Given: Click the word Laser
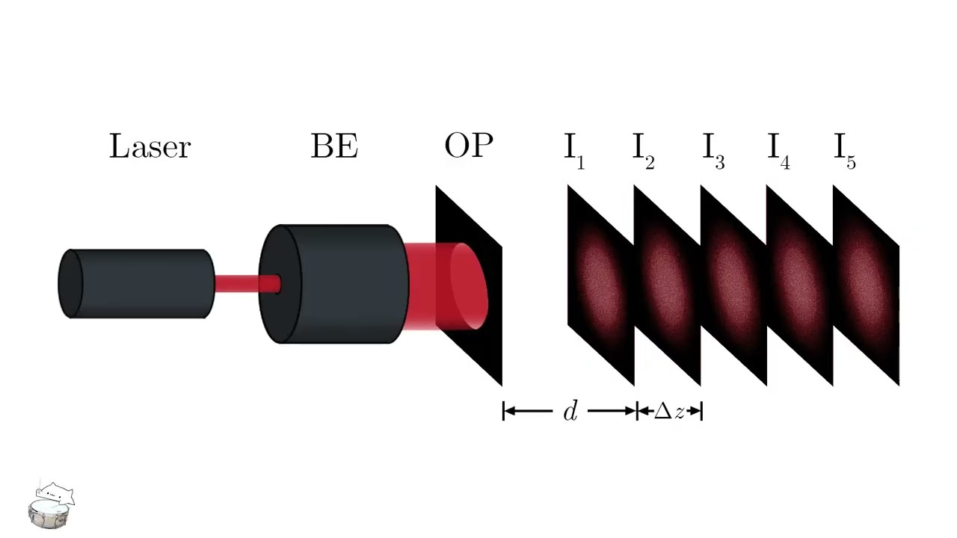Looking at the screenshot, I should pyautogui.click(x=150, y=146).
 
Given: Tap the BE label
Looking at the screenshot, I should pyautogui.click(x=334, y=146).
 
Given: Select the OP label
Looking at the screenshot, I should pyautogui.click(x=469, y=146).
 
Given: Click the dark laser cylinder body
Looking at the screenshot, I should pyautogui.click(x=138, y=284).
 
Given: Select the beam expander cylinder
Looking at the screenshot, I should pyautogui.click(x=344, y=284).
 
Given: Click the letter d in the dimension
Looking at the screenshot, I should pyautogui.click(x=570, y=411).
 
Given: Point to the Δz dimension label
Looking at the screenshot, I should pyautogui.click(x=669, y=411).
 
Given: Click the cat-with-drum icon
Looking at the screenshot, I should pyautogui.click(x=52, y=506).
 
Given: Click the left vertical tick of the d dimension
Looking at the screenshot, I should pyautogui.click(x=504, y=411).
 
